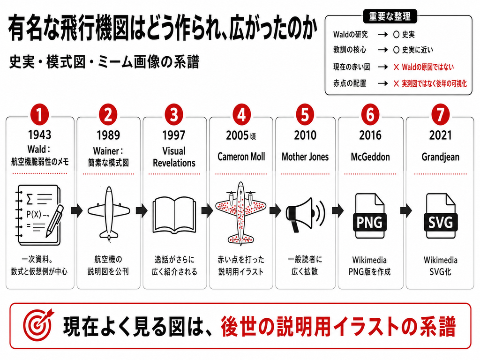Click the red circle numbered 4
(241, 115)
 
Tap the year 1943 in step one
(40, 135)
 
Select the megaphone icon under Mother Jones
(305, 214)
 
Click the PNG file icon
(369, 216)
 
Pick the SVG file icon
(441, 216)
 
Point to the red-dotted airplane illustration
(240, 213)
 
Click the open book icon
(174, 215)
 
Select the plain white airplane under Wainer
(109, 213)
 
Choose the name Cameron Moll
(241, 157)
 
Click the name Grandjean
(440, 157)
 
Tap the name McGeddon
(370, 157)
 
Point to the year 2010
(305, 135)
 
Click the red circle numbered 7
(440, 115)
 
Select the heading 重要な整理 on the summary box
(390, 16)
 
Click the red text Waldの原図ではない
(427, 67)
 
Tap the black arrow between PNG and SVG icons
(406, 210)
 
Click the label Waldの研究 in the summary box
(351, 35)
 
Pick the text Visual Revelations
(174, 157)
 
